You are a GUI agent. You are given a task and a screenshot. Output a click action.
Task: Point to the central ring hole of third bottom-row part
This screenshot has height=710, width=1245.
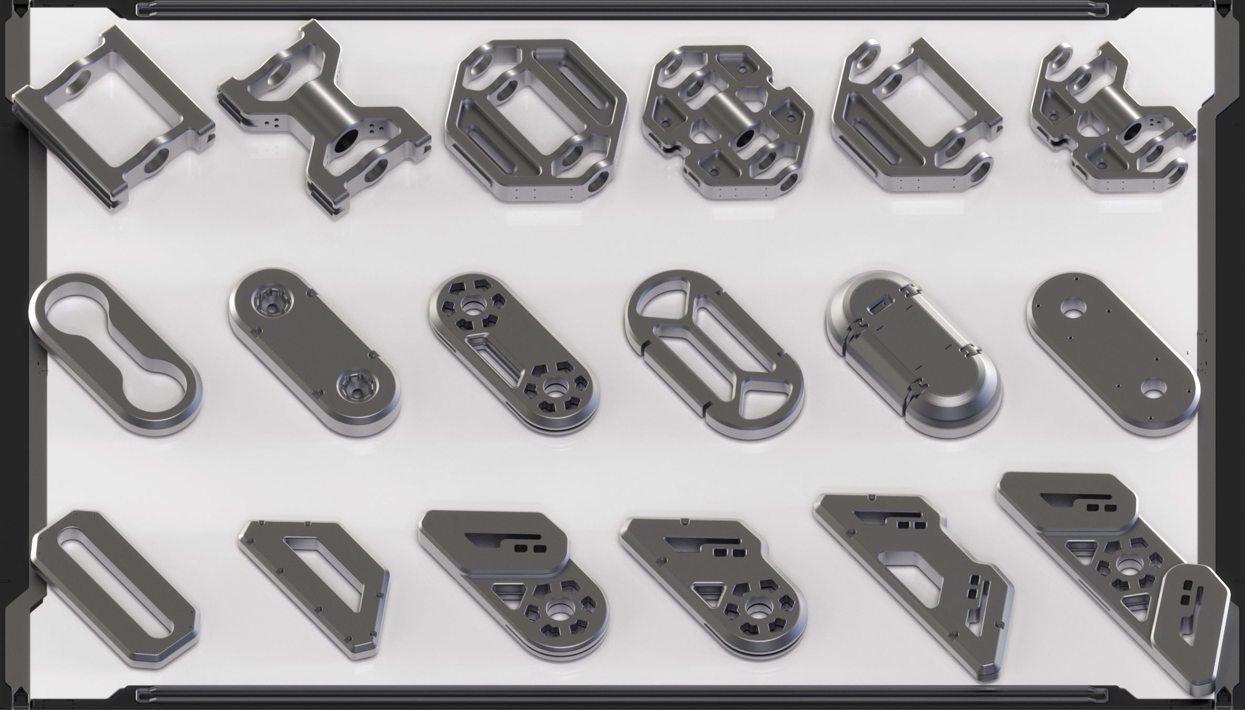point(557,610)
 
